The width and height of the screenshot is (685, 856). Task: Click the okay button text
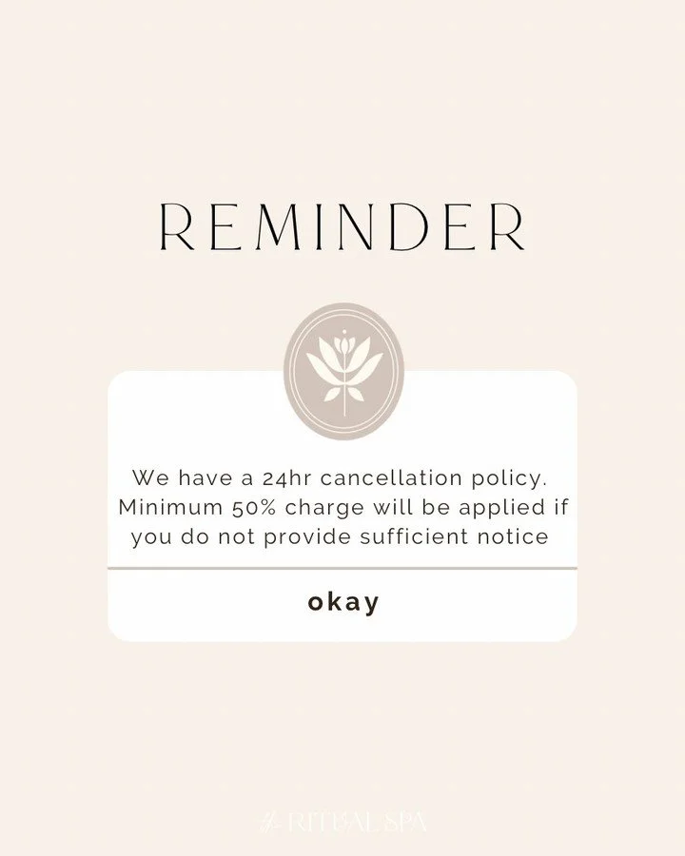click(343, 603)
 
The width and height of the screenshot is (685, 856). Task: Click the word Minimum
click(171, 506)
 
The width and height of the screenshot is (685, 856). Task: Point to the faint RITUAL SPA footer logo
click(343, 821)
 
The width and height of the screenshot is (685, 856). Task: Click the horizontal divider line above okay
click(342, 568)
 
